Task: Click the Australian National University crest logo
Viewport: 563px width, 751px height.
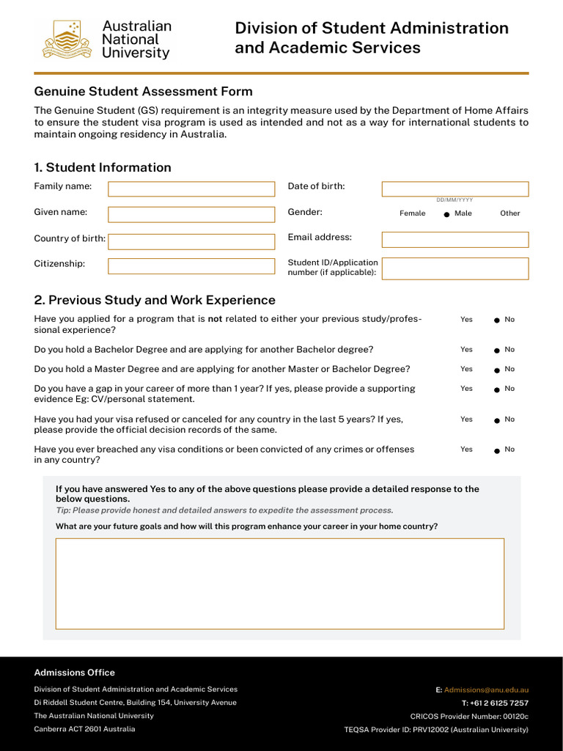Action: tap(67, 40)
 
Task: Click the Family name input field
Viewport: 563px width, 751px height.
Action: tap(191, 189)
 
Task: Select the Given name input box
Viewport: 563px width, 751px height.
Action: tap(191, 214)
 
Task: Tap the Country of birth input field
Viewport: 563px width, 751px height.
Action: tap(191, 241)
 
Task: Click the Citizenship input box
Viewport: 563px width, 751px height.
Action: tap(191, 266)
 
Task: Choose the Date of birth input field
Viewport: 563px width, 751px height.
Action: tap(455, 188)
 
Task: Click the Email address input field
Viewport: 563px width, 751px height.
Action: tap(455, 240)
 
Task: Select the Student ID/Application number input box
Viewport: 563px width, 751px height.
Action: tap(455, 268)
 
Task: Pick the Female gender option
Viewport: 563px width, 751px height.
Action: tap(412, 213)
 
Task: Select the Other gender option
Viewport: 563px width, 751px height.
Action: tap(509, 213)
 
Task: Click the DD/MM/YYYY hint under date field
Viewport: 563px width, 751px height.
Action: tap(455, 199)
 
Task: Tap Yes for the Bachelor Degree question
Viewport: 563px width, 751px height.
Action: tap(466, 350)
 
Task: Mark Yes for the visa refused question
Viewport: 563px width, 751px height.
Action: tap(466, 420)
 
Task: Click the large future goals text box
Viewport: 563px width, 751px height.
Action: tap(279, 584)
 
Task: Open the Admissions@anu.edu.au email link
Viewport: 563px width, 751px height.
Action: tap(486, 690)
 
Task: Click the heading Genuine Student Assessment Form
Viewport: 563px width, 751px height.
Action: tap(143, 92)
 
